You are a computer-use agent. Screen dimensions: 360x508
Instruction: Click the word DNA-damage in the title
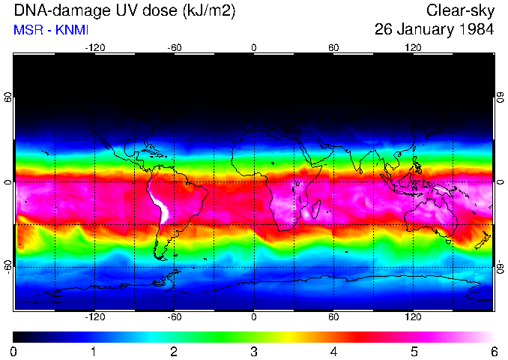tap(49, 10)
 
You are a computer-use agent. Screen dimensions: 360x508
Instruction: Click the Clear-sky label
tap(460, 10)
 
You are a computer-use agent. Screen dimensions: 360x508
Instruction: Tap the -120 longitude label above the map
tap(94, 47)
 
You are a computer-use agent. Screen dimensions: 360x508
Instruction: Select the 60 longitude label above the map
tap(333, 47)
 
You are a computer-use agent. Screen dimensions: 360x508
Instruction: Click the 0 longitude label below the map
tap(254, 317)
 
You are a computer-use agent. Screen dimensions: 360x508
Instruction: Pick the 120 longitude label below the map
tap(413, 317)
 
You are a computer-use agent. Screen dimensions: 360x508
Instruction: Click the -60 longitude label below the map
tap(175, 317)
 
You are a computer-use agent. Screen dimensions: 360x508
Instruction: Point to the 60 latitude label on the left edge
tap(8, 99)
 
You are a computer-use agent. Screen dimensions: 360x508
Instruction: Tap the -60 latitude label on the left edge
tap(8, 266)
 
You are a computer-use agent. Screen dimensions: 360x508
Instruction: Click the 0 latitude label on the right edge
tap(500, 183)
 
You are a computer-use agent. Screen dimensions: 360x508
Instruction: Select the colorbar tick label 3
tap(254, 351)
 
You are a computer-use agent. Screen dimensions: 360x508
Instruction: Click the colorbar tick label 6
tap(493, 351)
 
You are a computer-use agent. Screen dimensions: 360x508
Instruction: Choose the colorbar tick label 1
tap(94, 351)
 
